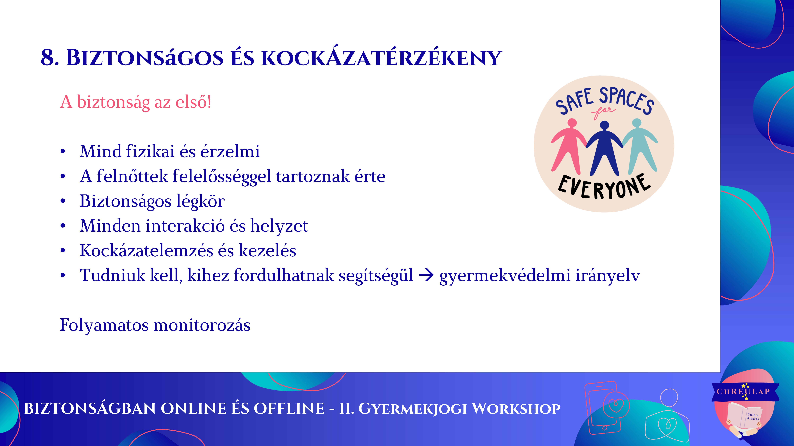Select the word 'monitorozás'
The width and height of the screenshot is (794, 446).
pyautogui.click(x=202, y=325)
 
